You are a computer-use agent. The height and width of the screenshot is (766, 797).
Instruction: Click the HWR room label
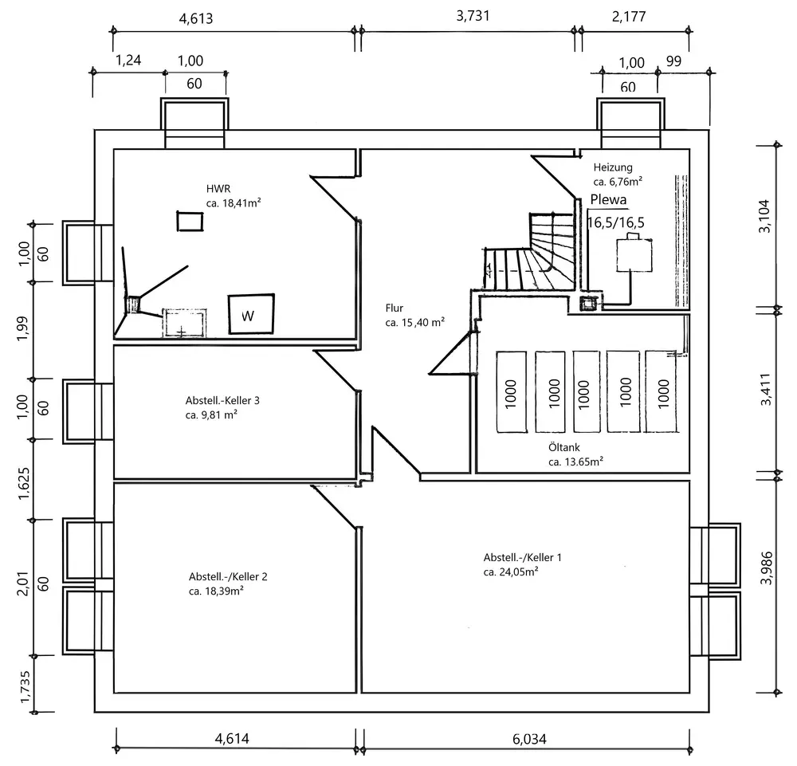pos(216,189)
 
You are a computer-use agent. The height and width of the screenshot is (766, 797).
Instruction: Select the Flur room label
pos(394,308)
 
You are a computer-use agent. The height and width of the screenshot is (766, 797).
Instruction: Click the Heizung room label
pos(613,168)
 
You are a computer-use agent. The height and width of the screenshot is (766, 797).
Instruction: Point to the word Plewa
pos(609,201)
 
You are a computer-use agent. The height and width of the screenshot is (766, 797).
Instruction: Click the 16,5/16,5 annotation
pos(616,222)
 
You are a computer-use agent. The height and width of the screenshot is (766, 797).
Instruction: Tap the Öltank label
pos(563,447)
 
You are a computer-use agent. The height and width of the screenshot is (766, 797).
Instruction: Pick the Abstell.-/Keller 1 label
pos(516,558)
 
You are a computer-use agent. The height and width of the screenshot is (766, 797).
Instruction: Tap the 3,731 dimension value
pos(473,15)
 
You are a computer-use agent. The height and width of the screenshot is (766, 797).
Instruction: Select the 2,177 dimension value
pos(629,16)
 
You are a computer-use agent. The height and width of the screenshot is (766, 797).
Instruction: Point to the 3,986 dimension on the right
pos(767,568)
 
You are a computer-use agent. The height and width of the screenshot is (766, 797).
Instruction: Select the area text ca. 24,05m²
pos(510,572)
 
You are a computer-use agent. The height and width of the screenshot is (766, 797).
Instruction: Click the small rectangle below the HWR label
pos(189,220)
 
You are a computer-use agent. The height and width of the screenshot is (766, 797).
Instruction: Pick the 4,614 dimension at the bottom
pos(232,739)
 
